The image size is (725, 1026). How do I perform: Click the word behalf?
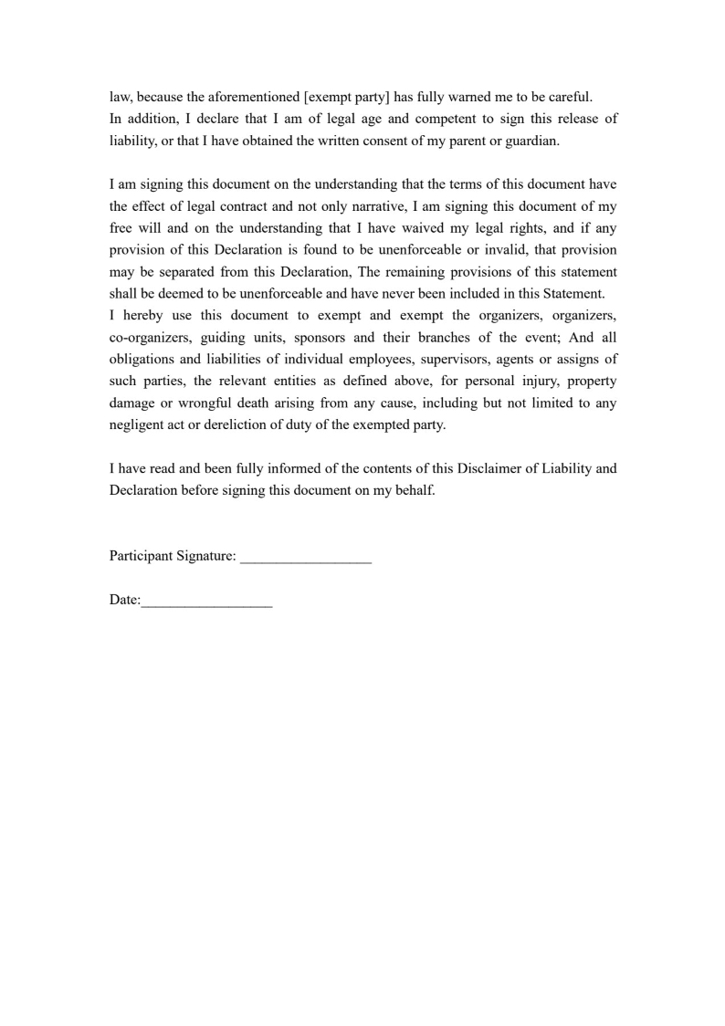414,490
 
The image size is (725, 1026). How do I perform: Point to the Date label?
124,601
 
